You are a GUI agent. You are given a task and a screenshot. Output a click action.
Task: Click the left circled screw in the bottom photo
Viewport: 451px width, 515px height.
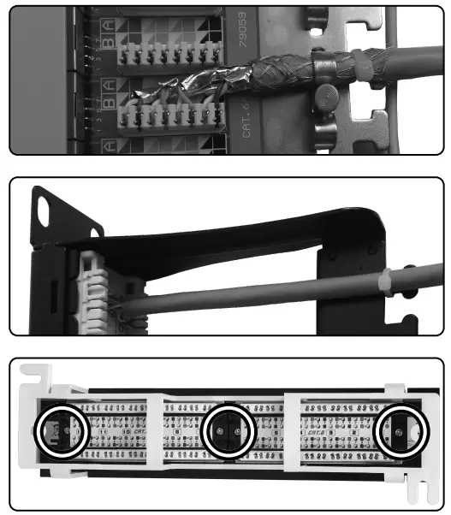click(x=61, y=429)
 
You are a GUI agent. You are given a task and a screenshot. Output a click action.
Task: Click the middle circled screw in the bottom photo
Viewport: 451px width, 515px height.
click(x=227, y=431)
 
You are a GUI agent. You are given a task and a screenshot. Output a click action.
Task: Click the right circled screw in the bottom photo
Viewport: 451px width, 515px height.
click(x=402, y=432)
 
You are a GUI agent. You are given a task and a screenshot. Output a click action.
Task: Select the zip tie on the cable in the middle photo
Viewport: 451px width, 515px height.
click(x=386, y=281)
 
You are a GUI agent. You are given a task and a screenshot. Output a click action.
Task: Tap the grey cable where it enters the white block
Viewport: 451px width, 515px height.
click(x=137, y=305)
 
